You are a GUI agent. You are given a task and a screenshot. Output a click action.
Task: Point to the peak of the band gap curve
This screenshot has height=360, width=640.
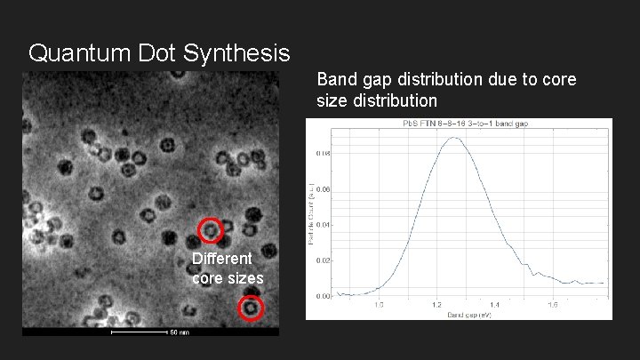click(x=455, y=138)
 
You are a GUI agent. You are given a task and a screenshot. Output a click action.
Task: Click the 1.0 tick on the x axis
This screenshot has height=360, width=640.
click(x=380, y=304)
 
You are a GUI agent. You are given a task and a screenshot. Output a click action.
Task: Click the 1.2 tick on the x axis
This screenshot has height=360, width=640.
click(x=437, y=304)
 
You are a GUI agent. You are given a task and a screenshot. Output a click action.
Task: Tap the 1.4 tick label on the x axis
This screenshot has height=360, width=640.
click(x=495, y=304)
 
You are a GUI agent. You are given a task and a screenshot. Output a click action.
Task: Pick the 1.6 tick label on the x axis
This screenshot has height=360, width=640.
click(x=553, y=304)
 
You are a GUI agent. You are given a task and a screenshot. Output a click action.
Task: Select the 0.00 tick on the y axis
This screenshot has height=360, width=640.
click(x=324, y=296)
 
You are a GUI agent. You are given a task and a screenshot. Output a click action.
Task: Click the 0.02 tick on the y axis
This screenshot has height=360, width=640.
click(x=324, y=260)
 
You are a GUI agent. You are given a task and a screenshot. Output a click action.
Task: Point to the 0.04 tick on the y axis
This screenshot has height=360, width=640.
click(x=324, y=225)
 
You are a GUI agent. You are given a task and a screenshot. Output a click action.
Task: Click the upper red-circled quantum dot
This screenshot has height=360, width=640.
click(x=210, y=230)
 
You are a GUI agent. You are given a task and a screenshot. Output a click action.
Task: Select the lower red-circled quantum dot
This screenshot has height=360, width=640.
click(x=252, y=308)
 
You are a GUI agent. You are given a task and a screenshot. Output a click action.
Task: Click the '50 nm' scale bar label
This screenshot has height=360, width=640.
click(x=179, y=333)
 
